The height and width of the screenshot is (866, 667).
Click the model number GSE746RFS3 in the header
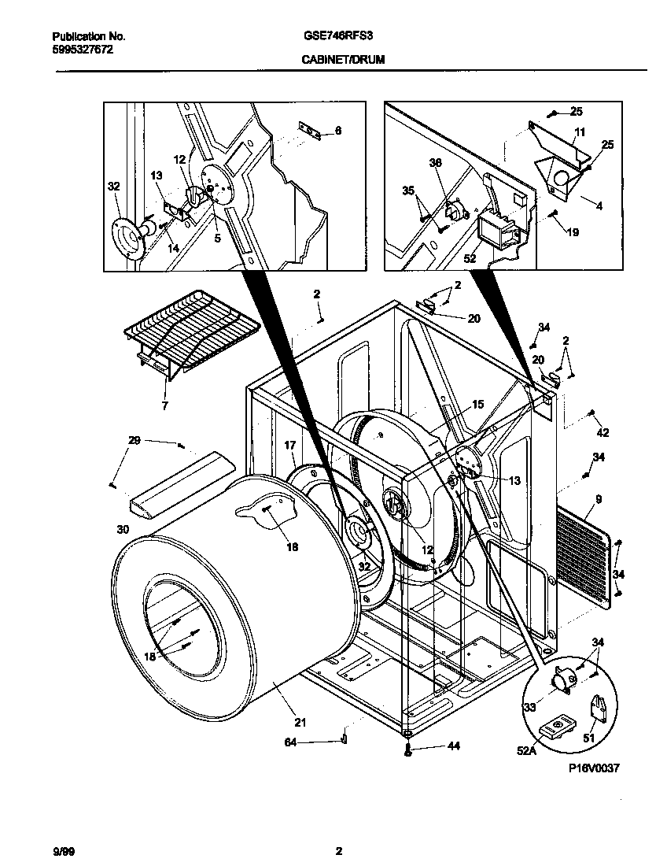328,36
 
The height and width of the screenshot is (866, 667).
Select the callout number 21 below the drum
300,723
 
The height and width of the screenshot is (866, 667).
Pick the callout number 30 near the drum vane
122,529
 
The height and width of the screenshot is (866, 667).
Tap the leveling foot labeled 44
407,750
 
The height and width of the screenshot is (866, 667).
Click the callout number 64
290,742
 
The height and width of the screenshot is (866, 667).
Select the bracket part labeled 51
600,711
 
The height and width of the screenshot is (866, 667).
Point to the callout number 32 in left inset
113,187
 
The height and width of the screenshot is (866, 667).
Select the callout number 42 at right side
603,432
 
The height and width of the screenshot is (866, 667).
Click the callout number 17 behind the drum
289,446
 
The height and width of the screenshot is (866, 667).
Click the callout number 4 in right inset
599,207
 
